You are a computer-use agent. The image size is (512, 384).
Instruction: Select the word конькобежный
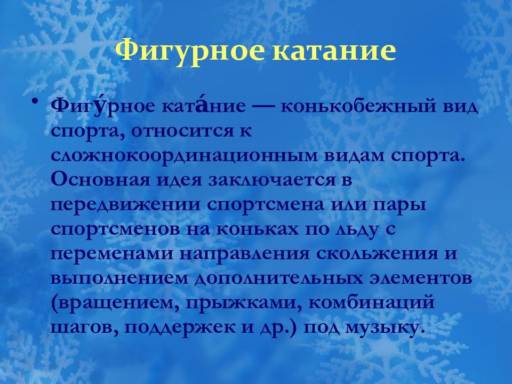click(x=354, y=107)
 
